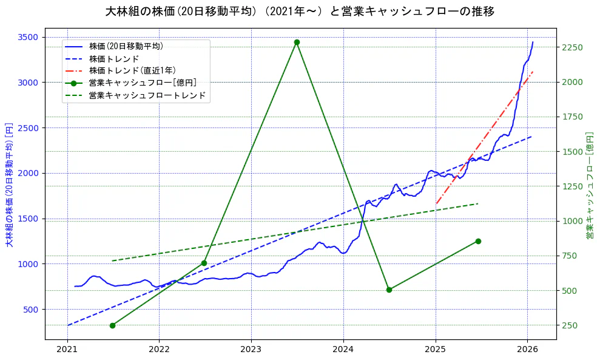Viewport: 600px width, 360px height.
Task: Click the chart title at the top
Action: click(300, 12)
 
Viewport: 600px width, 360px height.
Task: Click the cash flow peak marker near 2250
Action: click(297, 42)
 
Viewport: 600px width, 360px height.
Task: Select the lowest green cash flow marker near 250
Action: click(112, 325)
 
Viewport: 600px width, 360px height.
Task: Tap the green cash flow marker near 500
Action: click(389, 290)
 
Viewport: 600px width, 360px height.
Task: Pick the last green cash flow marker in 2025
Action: click(478, 241)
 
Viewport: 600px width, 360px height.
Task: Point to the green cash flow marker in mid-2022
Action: click(204, 263)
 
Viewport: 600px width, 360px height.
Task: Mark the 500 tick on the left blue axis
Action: click(32, 309)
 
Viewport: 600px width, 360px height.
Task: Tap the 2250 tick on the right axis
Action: click(573, 47)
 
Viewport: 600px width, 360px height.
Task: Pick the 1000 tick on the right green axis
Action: click(573, 221)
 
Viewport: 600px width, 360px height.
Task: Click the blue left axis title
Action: click(9, 185)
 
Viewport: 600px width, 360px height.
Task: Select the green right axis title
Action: click(590, 185)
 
